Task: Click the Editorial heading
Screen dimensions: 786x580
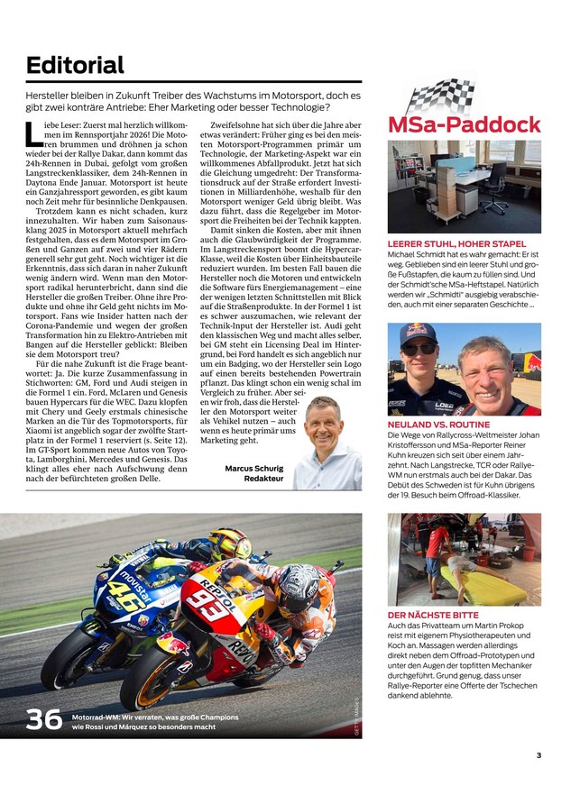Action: point(76,65)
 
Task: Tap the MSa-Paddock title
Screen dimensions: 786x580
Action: point(464,123)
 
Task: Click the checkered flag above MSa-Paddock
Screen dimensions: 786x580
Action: point(442,95)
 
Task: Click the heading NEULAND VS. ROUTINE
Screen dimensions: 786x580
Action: point(438,424)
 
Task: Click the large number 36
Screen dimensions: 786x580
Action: point(43,719)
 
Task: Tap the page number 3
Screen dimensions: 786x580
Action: point(539,755)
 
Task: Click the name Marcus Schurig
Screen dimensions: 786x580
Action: point(254,468)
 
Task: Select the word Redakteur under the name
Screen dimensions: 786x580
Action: point(265,480)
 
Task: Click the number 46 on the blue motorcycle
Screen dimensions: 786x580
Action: point(119,592)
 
